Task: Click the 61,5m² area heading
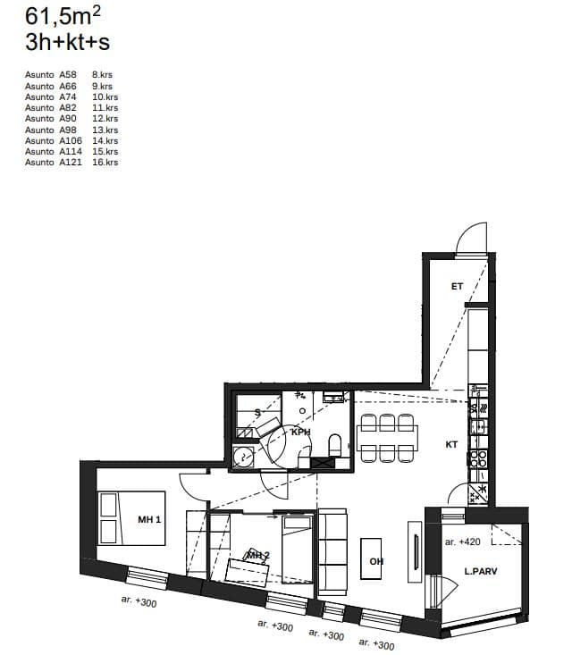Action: pos(63,16)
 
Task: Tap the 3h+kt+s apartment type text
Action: pos(67,42)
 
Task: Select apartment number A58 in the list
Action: pos(68,75)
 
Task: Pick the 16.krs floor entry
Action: pos(105,162)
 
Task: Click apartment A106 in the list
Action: pos(71,140)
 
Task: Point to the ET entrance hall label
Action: pos(457,286)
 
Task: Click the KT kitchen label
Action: pos(451,444)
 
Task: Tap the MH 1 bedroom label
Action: pos(149,519)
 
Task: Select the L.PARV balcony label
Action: pos(481,571)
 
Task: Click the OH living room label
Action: pos(376,561)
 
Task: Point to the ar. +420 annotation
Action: pos(463,542)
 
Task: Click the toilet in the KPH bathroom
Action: pos(335,445)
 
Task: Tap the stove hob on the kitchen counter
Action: pos(478,458)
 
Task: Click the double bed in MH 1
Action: pos(131,518)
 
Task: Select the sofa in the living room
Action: pos(332,552)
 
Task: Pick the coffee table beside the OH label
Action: pos(371,558)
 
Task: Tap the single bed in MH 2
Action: pos(297,550)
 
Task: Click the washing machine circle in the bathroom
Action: pos(243,457)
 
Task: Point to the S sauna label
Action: pos(257,413)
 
